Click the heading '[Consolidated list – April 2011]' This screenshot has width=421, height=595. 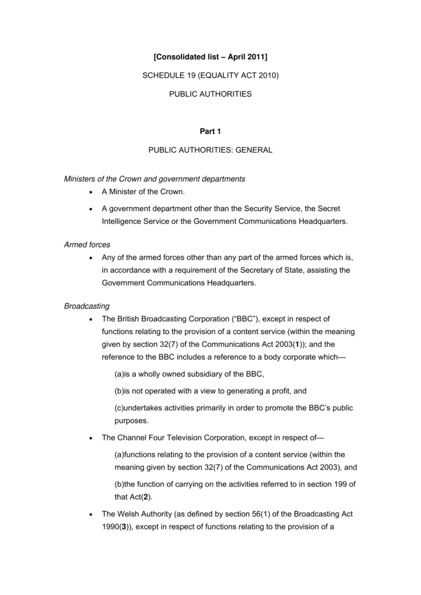pyautogui.click(x=210, y=57)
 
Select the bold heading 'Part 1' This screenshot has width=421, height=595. pyautogui.click(x=210, y=131)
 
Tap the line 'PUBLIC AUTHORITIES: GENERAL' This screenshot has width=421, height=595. pyautogui.click(x=210, y=150)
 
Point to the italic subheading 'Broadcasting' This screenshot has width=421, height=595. pyautogui.click(x=87, y=306)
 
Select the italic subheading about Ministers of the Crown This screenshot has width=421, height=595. pyautogui.click(x=154, y=178)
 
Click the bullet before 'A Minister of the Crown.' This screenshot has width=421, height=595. pyautogui.click(x=90, y=192)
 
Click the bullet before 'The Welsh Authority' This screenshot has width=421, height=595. pyautogui.click(x=90, y=514)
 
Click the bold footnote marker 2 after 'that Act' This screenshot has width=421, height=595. pyautogui.click(x=147, y=497)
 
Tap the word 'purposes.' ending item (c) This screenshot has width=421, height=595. pyautogui.click(x=118, y=421)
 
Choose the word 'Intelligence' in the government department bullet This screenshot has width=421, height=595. pyautogui.click(x=122, y=221)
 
